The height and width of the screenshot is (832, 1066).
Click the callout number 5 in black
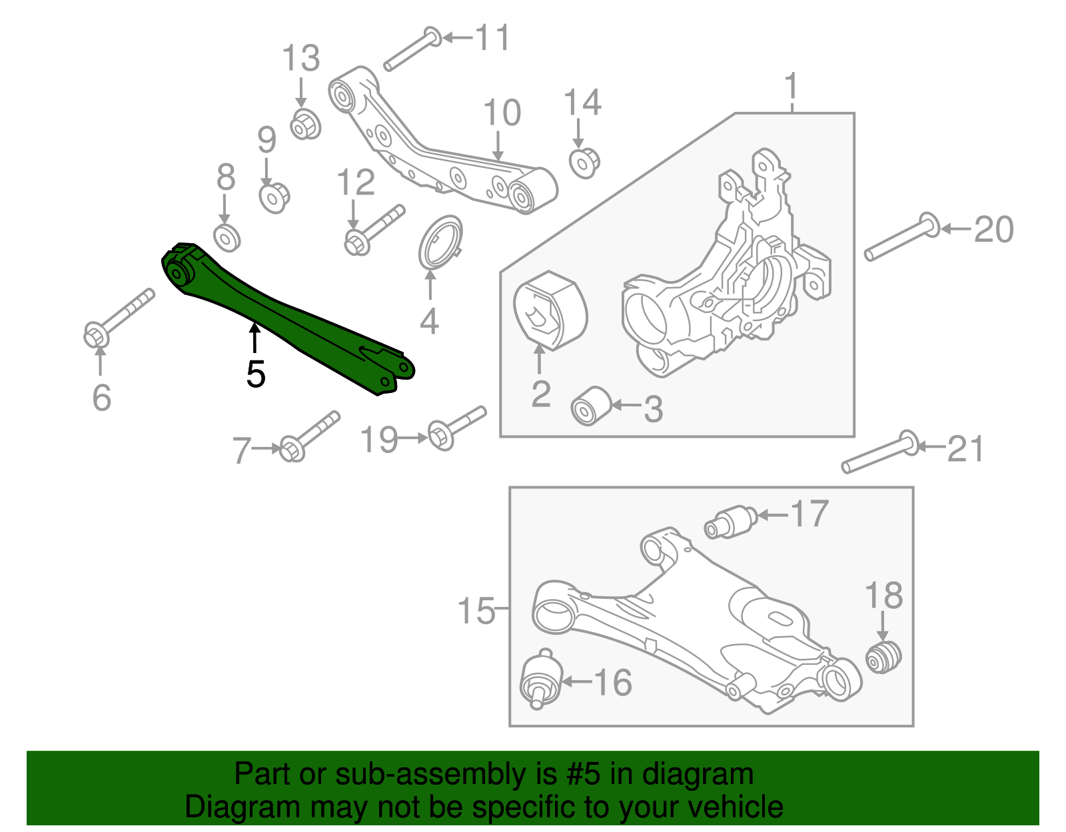click(256, 374)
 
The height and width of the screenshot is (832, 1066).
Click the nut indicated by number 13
click(306, 125)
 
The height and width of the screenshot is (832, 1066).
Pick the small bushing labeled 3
click(591, 405)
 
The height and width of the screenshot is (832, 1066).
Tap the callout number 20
click(993, 230)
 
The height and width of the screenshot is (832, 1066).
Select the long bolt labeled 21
click(879, 452)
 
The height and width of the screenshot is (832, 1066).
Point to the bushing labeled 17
click(731, 522)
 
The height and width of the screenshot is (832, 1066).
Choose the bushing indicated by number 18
click(883, 656)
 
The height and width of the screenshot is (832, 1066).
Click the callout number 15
click(476, 610)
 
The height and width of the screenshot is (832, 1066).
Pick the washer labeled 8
click(227, 238)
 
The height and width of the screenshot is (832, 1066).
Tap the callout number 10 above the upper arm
click(502, 113)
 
